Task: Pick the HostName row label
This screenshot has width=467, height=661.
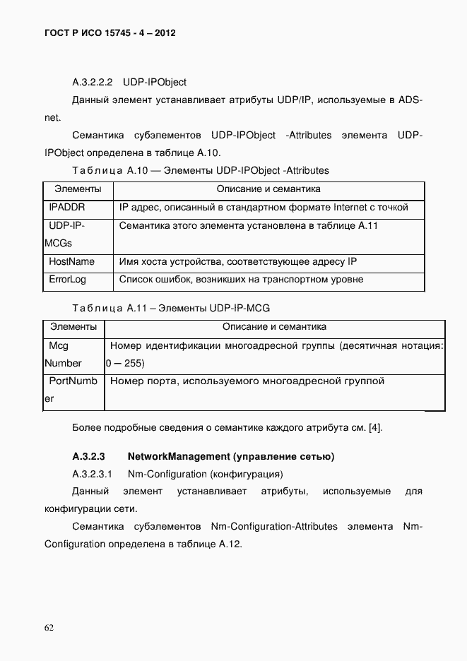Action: (71, 261)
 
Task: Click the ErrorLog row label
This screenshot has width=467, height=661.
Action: (67, 280)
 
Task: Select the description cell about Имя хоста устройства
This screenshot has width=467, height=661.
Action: (238, 261)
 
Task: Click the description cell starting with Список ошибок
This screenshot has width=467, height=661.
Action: (241, 280)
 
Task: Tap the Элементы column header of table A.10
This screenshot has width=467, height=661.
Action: (78, 189)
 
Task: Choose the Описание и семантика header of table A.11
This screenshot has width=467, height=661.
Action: (274, 327)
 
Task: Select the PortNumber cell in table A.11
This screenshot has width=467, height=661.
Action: (71, 390)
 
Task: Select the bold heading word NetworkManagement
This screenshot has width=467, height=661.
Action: (179, 456)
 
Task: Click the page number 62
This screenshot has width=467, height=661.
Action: (49, 627)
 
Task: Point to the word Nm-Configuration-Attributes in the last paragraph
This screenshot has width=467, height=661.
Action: (274, 527)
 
